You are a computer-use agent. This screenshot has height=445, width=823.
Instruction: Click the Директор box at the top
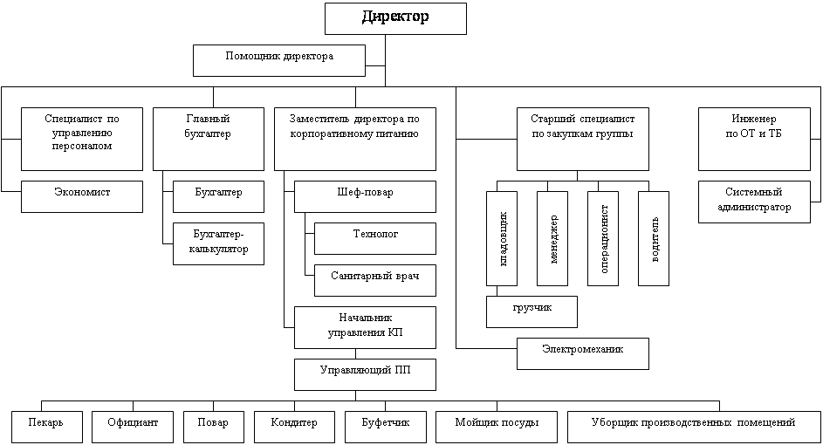click(x=395, y=19)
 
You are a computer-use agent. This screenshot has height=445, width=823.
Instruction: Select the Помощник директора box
click(x=279, y=60)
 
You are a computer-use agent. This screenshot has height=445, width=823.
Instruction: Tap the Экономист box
click(x=82, y=197)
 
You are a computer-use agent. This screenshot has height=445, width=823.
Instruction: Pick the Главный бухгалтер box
click(x=209, y=139)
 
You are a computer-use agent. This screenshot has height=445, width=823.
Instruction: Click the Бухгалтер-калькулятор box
click(x=218, y=243)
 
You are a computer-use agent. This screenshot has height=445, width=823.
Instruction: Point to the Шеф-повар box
click(x=366, y=197)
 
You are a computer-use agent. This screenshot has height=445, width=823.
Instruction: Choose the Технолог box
click(x=375, y=239)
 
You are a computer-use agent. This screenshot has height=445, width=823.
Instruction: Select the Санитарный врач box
click(x=375, y=280)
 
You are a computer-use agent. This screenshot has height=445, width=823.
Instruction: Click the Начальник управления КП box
click(x=366, y=327)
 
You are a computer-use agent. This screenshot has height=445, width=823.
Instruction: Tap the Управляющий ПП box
click(x=366, y=374)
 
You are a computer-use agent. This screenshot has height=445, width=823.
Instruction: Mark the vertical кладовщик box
click(x=502, y=238)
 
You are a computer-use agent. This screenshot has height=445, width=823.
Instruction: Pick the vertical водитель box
click(x=654, y=238)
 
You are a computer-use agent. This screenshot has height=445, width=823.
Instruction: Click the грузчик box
click(x=532, y=311)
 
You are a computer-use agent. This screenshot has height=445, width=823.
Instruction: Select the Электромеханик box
click(x=583, y=353)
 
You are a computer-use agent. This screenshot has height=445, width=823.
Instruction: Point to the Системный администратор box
click(x=754, y=202)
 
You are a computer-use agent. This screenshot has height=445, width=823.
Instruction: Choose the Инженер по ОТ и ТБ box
click(x=754, y=139)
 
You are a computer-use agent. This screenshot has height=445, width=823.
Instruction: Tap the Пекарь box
click(x=47, y=428)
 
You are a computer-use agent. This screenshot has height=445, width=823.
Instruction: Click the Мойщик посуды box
click(x=497, y=428)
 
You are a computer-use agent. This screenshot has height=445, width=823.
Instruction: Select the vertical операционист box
click(x=603, y=238)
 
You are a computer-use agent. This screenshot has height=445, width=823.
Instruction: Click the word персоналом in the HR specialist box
click(x=82, y=147)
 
